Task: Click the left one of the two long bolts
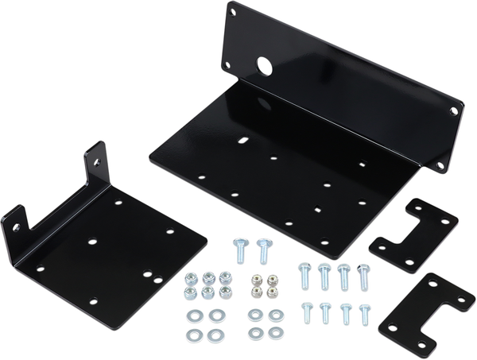241,255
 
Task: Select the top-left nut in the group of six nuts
192,279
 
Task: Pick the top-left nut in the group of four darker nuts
255,279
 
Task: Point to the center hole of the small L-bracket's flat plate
93,238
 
